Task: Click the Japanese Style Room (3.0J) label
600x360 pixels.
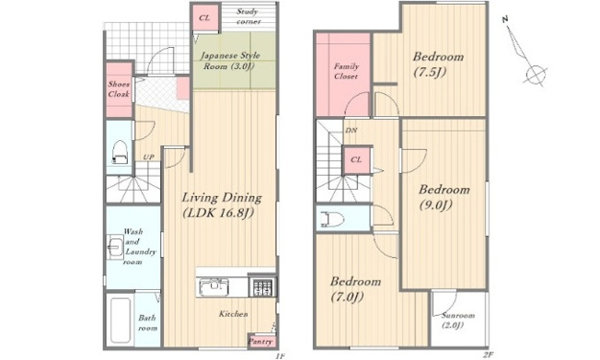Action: [x=230, y=61]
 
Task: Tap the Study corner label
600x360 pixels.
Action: [x=248, y=17]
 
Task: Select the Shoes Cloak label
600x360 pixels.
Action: [x=119, y=89]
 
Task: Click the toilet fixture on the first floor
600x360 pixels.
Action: [x=120, y=152]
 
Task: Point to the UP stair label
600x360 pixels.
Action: [x=148, y=157]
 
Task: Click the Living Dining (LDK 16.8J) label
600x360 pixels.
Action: [x=222, y=205]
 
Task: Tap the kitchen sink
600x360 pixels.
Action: [x=213, y=287]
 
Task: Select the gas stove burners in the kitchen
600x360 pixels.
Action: [x=262, y=287]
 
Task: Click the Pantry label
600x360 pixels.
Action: [x=261, y=342]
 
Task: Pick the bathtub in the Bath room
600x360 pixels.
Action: [x=121, y=320]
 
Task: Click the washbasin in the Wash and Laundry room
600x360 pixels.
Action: [x=115, y=247]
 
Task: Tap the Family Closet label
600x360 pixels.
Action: [x=346, y=71]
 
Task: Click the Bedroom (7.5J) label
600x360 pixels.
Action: [x=438, y=64]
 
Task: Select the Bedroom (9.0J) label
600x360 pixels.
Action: [x=444, y=197]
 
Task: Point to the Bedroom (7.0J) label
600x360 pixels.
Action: [x=355, y=289]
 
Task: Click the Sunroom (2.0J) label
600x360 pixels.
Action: [x=457, y=320]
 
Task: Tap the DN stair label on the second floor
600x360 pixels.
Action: [x=351, y=130]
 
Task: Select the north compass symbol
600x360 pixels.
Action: [x=525, y=52]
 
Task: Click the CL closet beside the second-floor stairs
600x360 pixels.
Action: [x=357, y=159]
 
